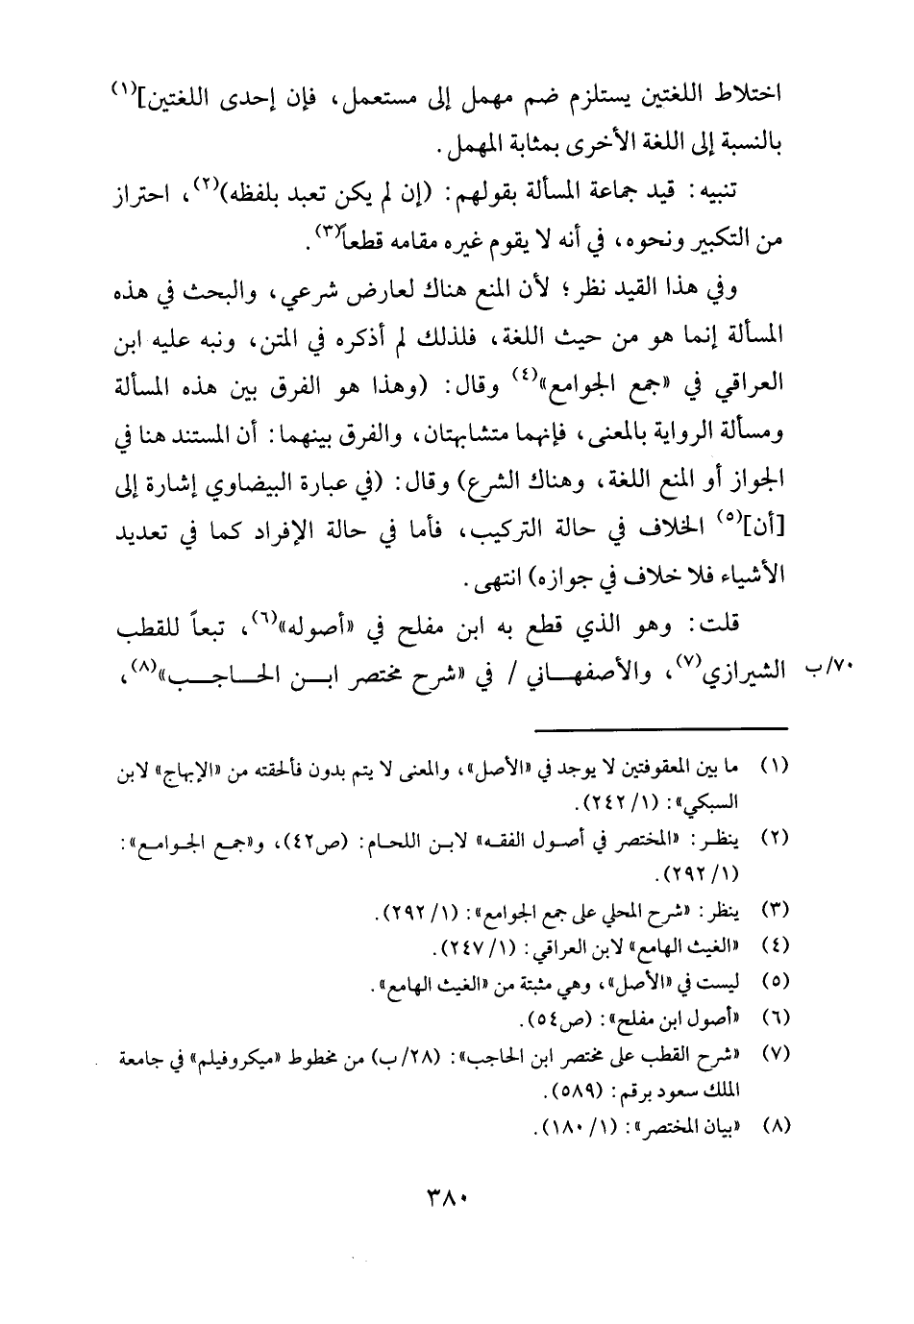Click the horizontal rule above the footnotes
click(667, 729)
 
